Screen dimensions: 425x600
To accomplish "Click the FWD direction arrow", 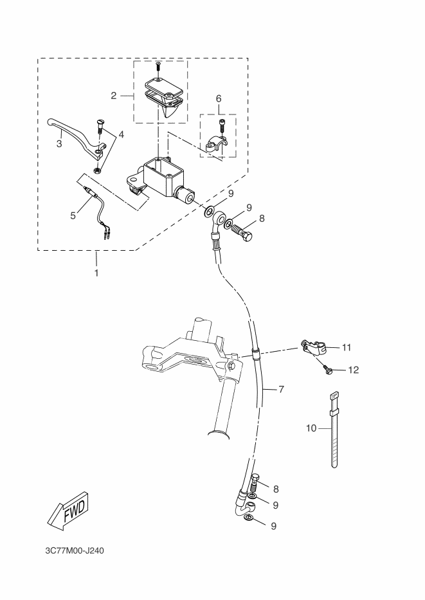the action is [68, 511].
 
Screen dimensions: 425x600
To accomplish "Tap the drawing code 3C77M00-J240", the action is [75, 551].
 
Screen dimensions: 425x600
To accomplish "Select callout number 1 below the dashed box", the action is [96, 273].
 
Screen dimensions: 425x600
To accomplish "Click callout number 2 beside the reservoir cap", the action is [114, 96].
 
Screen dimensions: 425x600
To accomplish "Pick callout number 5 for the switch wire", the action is [73, 215].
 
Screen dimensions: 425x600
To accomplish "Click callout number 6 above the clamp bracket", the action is [219, 98].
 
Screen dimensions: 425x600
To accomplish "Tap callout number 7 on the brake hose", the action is [282, 390].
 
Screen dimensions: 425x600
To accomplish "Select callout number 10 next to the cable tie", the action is [311, 428].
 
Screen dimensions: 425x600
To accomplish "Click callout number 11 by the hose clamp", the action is [347, 347].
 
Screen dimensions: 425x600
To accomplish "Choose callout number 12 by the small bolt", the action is [354, 370].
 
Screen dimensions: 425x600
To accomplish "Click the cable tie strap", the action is [334, 430].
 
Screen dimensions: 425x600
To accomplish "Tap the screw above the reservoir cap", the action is [158, 68].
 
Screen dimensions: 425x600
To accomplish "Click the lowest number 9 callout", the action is [273, 526].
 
